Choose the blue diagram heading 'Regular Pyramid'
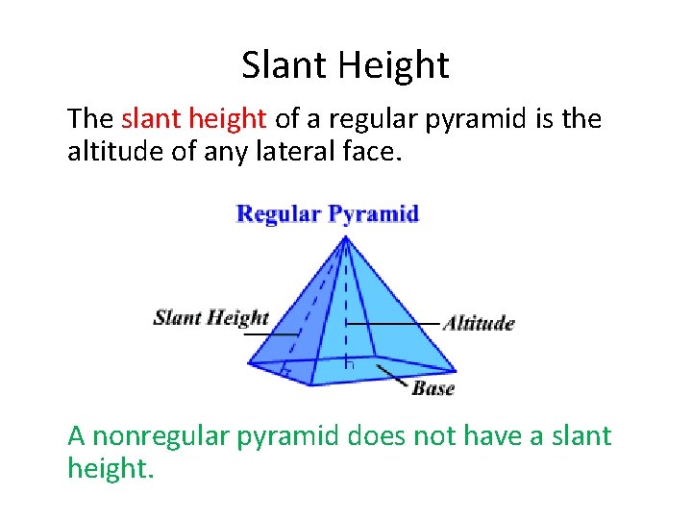coord(328,213)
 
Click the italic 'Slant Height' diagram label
coord(210,318)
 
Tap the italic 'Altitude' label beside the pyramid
coord(478,323)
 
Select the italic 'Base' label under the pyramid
coord(432,388)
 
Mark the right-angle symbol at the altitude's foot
coord(350,365)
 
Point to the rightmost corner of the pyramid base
coord(456,369)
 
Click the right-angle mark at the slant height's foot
coord(284,370)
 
